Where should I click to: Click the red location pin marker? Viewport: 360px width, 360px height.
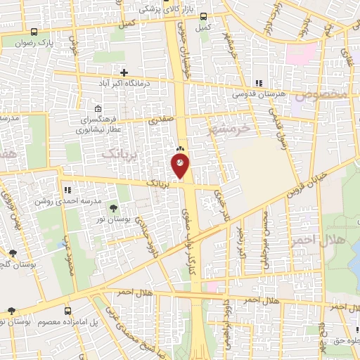[180, 166]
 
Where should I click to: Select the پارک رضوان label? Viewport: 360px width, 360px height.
[37, 42]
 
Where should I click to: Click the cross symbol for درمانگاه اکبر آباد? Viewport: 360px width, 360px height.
[124, 72]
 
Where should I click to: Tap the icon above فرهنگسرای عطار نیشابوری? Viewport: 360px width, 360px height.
[97, 108]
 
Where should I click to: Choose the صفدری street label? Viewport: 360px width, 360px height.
[161, 121]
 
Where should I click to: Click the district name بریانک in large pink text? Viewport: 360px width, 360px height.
[117, 151]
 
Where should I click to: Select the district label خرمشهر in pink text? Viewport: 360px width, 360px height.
[229, 129]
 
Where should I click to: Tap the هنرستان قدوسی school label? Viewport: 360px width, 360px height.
[258, 94]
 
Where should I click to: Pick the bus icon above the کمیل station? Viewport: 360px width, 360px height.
[203, 16]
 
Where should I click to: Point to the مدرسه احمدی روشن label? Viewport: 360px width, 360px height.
[68, 200]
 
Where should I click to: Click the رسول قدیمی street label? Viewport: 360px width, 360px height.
[276, 124]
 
